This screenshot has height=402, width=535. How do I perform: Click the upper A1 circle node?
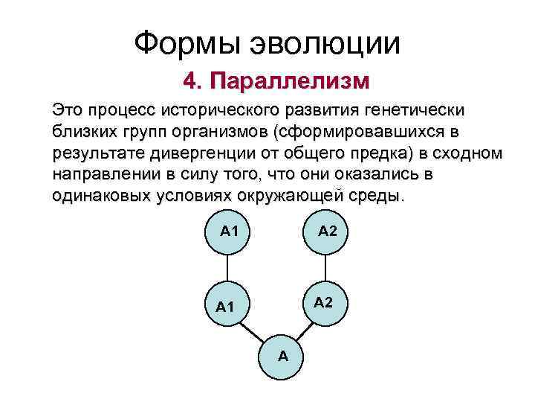point(229,231)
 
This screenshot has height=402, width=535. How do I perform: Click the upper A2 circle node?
point(327,231)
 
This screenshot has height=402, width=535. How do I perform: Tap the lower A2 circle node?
point(323,302)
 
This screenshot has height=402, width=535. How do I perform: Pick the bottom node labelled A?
point(282,356)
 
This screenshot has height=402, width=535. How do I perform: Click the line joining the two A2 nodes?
point(325,267)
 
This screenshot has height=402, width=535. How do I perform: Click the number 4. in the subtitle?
point(195,79)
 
